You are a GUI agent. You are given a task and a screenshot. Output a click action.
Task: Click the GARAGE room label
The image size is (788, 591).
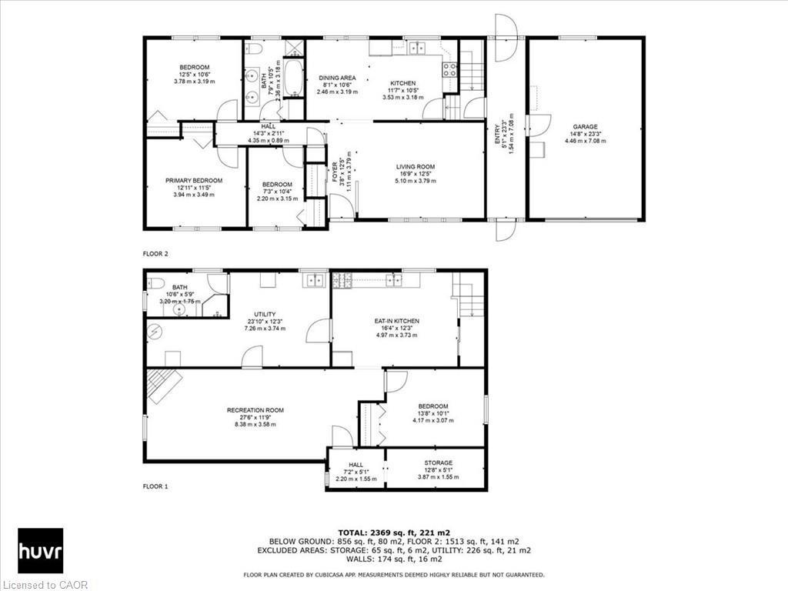[585, 127]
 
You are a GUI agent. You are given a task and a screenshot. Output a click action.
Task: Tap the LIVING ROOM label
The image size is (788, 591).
[416, 167]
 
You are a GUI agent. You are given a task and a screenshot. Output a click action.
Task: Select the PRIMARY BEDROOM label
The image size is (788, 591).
[194, 181]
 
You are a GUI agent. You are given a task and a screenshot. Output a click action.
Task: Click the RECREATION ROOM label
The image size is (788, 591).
[255, 410]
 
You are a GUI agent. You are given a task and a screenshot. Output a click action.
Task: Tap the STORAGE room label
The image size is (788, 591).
[438, 463]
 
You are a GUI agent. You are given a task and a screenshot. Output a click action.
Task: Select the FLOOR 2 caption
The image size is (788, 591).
[155, 253]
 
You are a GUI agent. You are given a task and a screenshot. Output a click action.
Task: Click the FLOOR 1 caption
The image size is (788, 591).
[155, 486]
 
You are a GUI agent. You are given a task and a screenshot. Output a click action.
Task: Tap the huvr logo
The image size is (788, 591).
[40, 550]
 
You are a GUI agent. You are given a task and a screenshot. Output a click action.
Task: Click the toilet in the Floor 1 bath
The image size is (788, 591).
[154, 282]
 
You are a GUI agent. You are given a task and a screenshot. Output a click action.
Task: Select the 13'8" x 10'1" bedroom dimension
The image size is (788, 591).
[433, 413]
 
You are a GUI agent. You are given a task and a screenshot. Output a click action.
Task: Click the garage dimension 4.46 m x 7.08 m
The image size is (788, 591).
[585, 141]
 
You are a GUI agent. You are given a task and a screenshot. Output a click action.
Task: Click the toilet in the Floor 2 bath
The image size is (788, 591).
[256, 49]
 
